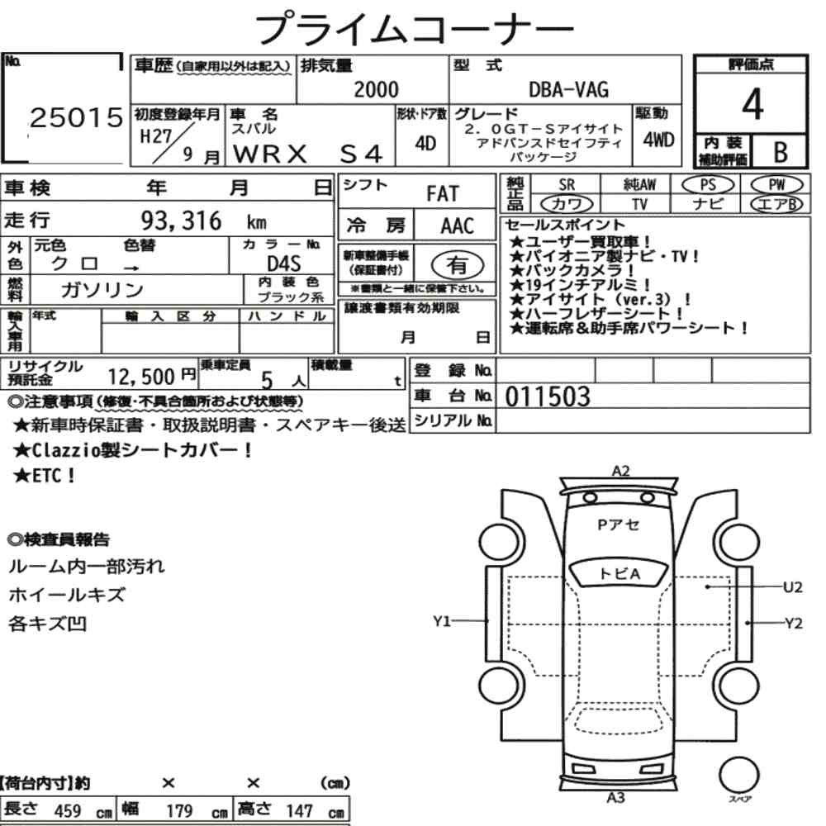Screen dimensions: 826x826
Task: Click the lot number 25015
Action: click(x=76, y=117)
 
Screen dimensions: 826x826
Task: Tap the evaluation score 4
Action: click(x=752, y=104)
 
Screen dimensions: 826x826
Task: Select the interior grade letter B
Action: click(x=781, y=152)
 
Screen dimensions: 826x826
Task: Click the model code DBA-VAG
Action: click(x=568, y=89)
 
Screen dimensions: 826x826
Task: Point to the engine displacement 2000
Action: click(x=376, y=89)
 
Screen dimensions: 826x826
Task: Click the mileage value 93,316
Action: click(x=181, y=221)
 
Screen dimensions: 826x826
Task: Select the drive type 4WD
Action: click(x=658, y=140)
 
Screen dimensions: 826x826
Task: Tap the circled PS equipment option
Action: click(x=708, y=185)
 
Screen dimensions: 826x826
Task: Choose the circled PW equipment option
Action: click(x=776, y=185)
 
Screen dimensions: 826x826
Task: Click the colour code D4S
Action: click(x=284, y=263)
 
